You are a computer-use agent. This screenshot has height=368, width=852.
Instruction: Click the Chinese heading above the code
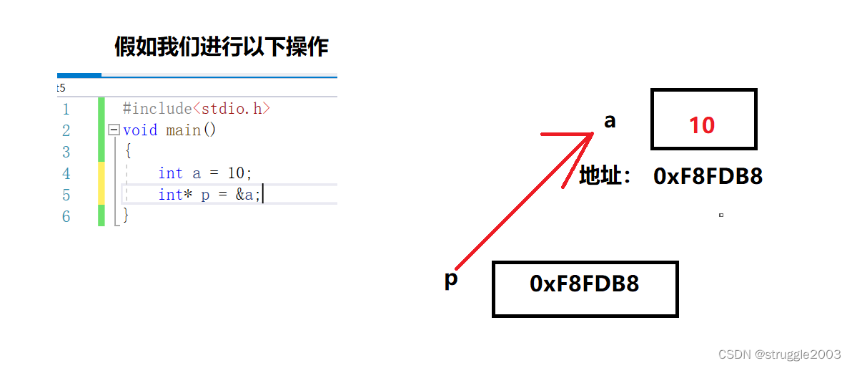click(222, 47)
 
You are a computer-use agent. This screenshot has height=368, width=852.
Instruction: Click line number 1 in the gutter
click(66, 110)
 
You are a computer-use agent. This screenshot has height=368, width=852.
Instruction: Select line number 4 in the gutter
click(66, 174)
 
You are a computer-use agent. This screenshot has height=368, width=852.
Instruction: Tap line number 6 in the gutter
click(66, 216)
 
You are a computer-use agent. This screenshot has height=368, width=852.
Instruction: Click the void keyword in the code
click(140, 130)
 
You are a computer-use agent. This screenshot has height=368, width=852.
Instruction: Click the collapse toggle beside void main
click(113, 130)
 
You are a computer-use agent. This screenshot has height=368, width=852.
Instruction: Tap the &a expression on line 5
click(244, 195)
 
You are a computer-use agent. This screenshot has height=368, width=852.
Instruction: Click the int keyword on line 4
click(171, 173)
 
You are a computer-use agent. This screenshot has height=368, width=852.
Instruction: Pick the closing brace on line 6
click(127, 214)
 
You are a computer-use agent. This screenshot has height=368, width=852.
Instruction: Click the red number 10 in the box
click(702, 125)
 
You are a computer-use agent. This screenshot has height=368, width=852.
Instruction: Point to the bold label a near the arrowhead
click(610, 121)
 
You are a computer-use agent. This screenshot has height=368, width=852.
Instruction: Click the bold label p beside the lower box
click(450, 279)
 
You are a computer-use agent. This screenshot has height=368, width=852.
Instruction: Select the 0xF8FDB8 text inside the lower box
click(584, 284)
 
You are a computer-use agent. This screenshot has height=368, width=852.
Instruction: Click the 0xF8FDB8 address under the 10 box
click(708, 177)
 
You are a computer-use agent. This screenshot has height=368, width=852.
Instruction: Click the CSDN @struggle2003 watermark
click(780, 354)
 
